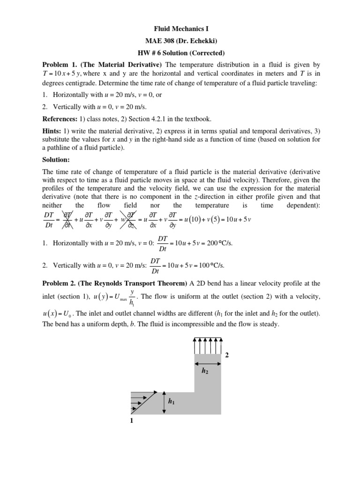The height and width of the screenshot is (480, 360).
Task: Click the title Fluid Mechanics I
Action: [x=180, y=29]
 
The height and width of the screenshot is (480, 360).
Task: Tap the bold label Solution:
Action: [x=58, y=160]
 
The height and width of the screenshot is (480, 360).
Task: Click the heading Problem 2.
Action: [x=60, y=283]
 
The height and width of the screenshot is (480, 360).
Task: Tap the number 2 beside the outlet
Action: [x=227, y=355]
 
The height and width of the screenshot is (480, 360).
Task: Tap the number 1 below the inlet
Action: [x=132, y=421]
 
